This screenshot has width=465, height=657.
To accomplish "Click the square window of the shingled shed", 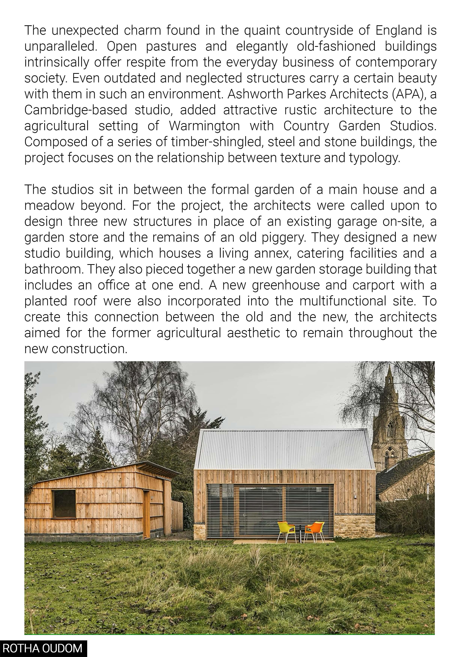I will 64,504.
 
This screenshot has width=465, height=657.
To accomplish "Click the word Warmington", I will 204,126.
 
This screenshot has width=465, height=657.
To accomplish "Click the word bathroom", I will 54,269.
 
